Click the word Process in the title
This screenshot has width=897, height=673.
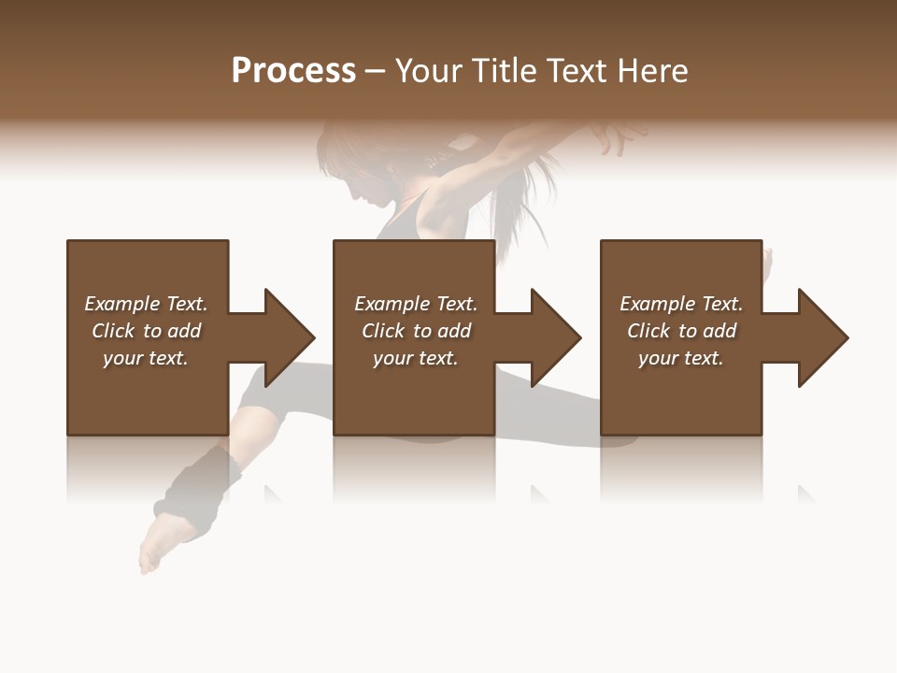point(293,71)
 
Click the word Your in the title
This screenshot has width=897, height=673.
point(429,71)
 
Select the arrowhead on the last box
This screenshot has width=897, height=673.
point(822,337)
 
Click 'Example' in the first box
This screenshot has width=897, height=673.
point(121,304)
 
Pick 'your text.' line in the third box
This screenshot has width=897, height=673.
point(680,358)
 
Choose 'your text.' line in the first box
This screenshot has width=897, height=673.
point(146,358)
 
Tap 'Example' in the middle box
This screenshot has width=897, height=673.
point(392,304)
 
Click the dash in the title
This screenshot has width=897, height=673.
point(376,71)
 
